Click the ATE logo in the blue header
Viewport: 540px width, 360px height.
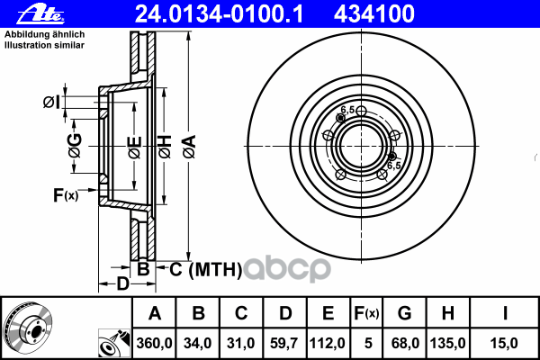click(40, 13)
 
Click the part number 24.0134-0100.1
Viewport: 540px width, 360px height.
click(219, 13)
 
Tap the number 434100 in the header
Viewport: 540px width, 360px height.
click(374, 13)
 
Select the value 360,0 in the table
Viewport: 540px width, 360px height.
click(154, 343)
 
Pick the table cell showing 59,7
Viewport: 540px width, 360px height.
click(284, 343)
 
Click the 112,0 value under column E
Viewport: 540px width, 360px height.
click(328, 343)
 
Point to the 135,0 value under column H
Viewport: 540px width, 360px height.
click(447, 343)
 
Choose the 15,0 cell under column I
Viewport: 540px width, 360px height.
click(504, 343)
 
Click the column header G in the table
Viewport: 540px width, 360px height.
click(405, 313)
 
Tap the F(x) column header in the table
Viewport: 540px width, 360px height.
click(366, 313)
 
